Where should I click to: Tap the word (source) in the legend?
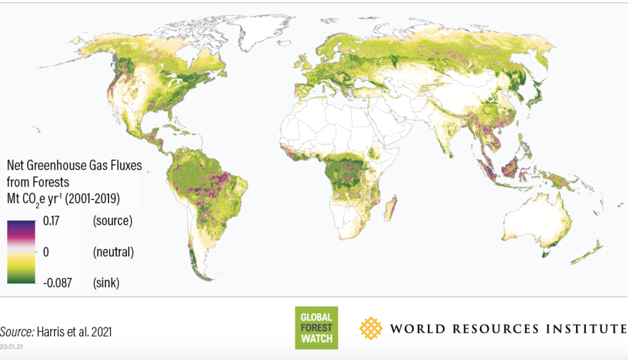(113, 221)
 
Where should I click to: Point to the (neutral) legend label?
(113, 251)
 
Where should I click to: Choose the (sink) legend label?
(106, 283)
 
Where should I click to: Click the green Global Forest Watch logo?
(316, 328)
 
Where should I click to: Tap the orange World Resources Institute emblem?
(371, 328)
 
